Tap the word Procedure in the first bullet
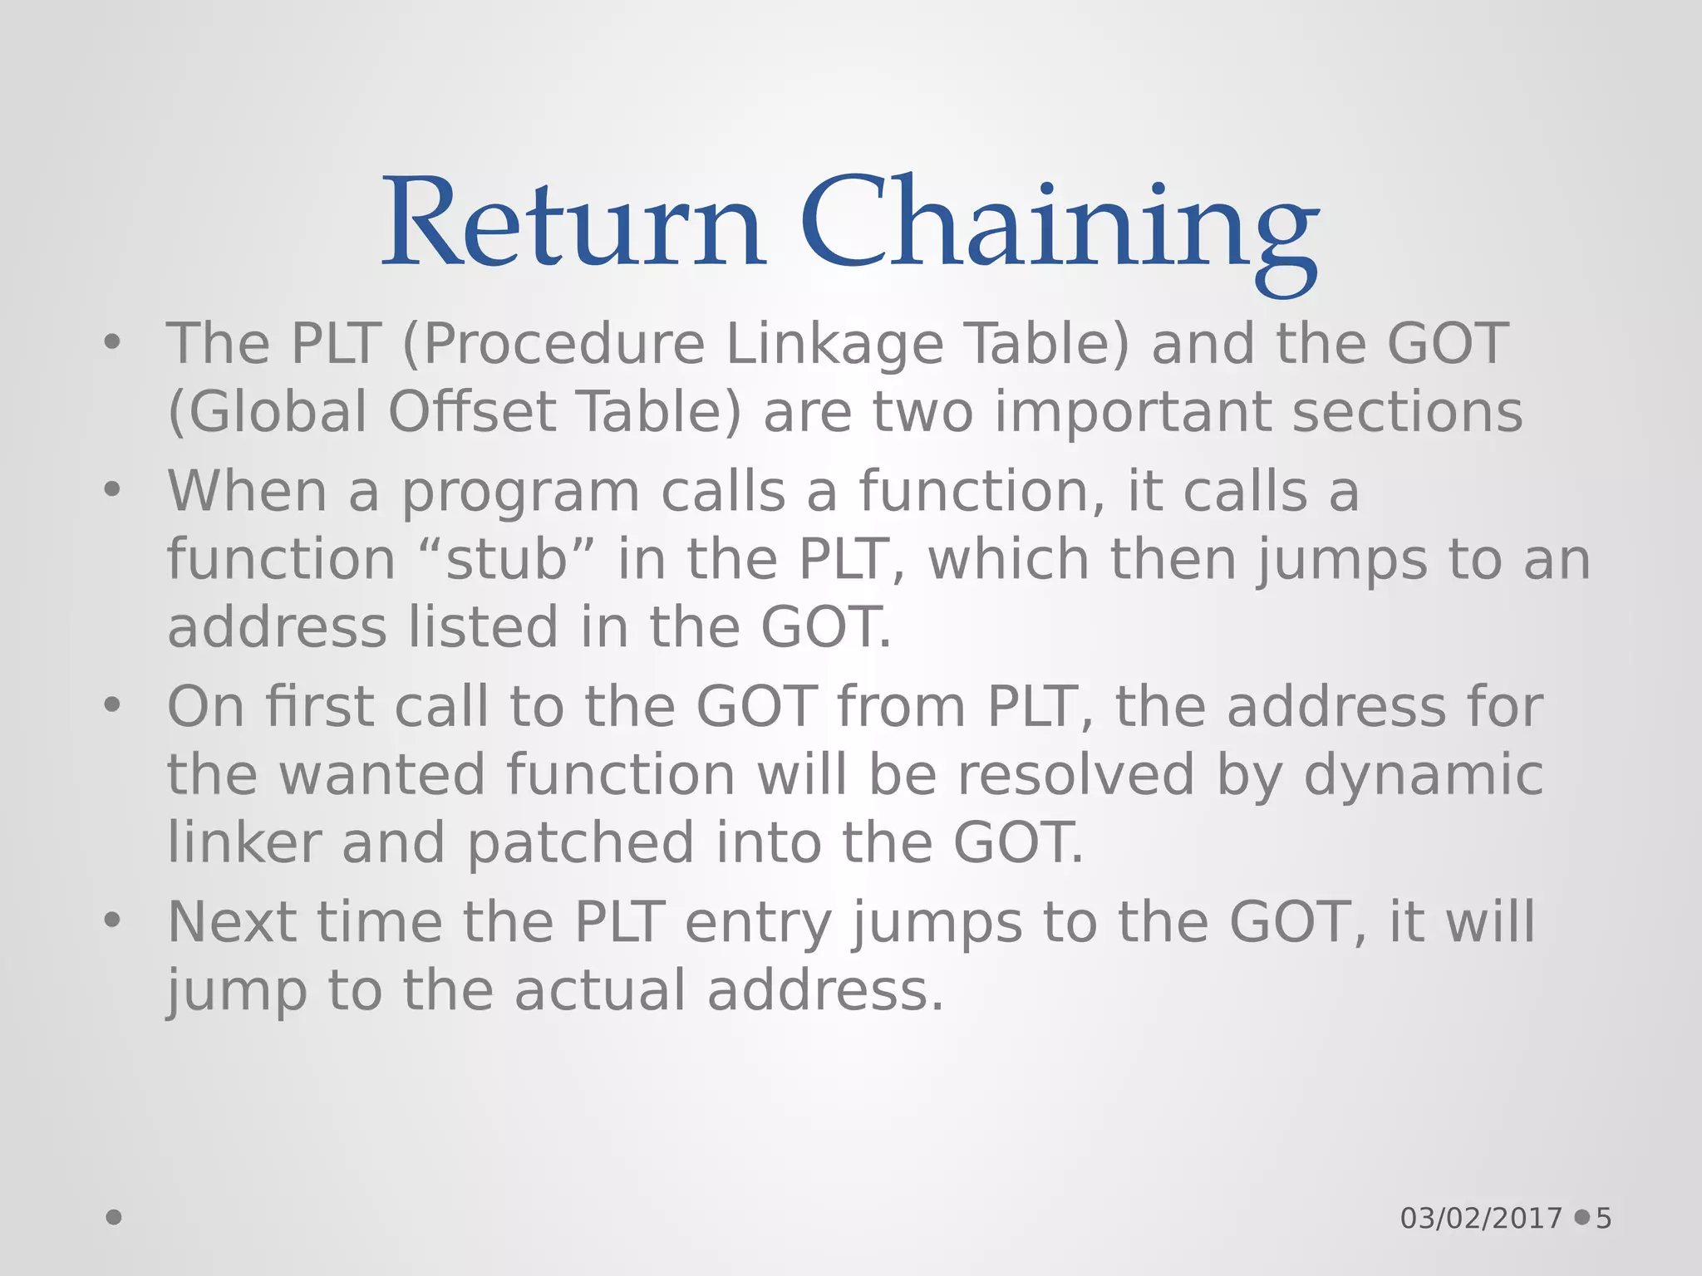pos(564,344)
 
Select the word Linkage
pos(834,344)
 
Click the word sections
pos(1407,412)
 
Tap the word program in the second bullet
pos(521,492)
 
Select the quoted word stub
pos(506,560)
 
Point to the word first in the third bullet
pos(319,707)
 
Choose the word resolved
pos(1075,775)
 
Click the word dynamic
pos(1423,775)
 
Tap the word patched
pos(580,843)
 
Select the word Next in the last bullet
pos(231,923)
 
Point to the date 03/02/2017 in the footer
pos(1481,1219)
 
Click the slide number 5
pos(1603,1219)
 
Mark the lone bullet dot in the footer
pos(114,1217)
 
